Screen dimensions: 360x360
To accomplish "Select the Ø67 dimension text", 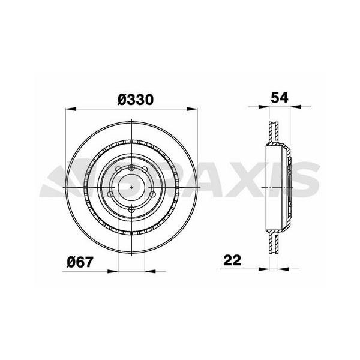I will pyautogui.click(x=80, y=262).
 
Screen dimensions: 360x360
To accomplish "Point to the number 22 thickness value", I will pyautogui.click(x=232, y=261).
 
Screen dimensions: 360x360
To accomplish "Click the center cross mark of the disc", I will pyautogui.click(x=131, y=187).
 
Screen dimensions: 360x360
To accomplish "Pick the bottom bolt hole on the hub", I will pyautogui.click(x=131, y=209).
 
